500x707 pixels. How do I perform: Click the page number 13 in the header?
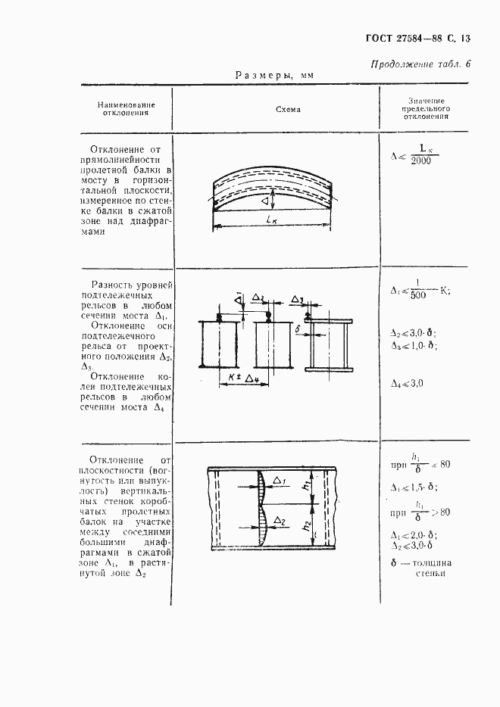coord(464,37)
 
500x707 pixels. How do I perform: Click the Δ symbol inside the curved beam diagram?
coord(265,201)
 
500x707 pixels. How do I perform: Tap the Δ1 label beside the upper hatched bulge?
coord(279,480)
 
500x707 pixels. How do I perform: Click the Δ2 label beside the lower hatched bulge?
coord(278,522)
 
